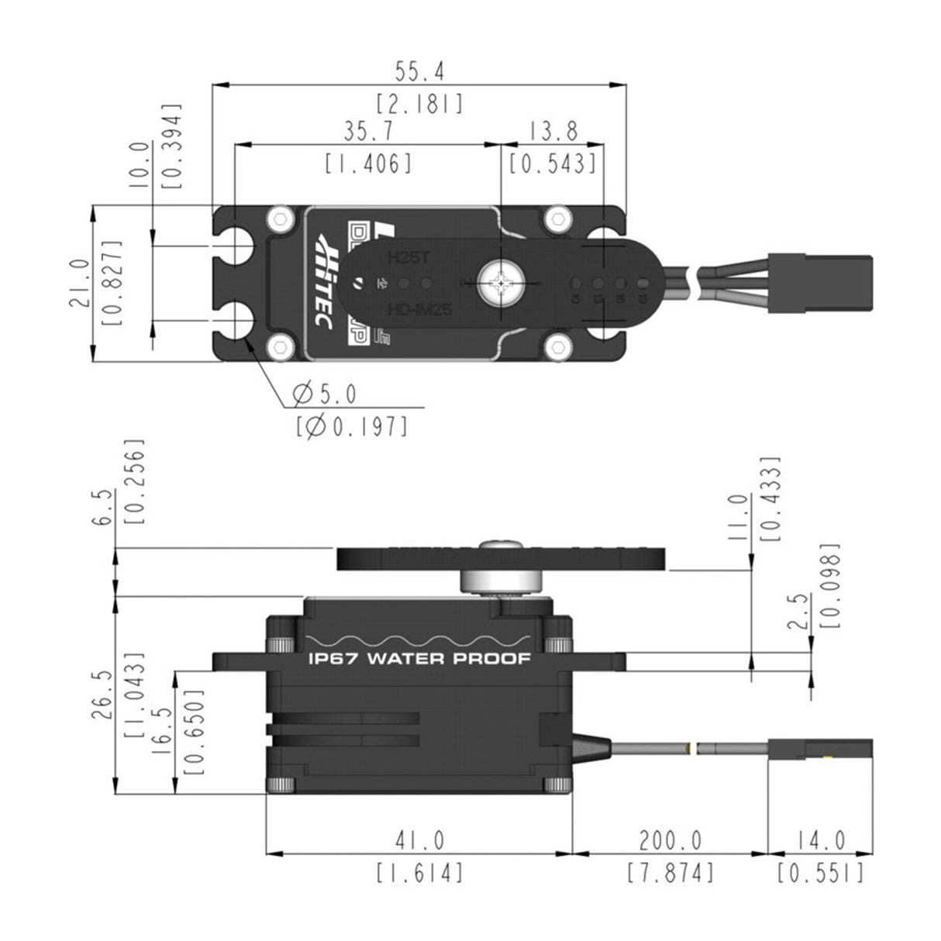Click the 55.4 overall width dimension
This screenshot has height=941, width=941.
click(x=419, y=72)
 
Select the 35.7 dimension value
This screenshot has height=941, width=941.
click(x=367, y=133)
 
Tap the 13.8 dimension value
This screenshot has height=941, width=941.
click(x=553, y=133)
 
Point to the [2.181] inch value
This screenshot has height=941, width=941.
click(x=419, y=103)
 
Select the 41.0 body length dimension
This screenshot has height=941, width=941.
click(x=419, y=840)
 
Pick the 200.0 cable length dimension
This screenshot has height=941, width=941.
click(x=670, y=840)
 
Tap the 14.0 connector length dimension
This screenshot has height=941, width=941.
click(x=819, y=840)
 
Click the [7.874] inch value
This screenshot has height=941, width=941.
click(x=670, y=873)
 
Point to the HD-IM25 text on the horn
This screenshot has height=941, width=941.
click(x=419, y=309)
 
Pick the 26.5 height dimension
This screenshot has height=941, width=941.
click(x=103, y=696)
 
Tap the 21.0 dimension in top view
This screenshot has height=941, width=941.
click(x=80, y=284)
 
